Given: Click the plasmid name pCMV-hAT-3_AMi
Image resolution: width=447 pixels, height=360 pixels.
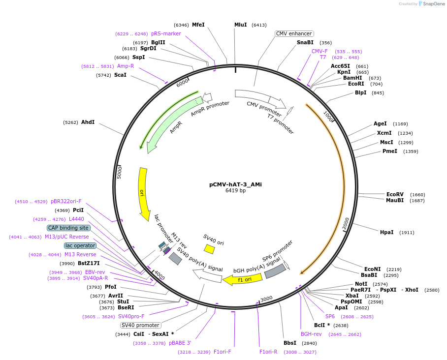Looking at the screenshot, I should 235,184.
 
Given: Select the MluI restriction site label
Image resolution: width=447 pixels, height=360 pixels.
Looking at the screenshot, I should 240,25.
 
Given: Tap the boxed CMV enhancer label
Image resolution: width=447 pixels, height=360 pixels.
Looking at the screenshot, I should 294,33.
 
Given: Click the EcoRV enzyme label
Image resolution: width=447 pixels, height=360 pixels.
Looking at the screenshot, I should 395,194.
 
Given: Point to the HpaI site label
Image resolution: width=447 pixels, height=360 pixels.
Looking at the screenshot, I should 386,232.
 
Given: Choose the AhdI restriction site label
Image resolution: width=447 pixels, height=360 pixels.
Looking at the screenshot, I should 88,122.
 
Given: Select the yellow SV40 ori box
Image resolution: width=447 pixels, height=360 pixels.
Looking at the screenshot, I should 209,249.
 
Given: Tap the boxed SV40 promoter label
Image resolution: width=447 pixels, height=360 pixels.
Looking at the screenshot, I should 140,325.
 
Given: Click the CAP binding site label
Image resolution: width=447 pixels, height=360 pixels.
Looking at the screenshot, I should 68,228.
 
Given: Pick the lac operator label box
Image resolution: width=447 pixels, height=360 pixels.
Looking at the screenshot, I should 80,245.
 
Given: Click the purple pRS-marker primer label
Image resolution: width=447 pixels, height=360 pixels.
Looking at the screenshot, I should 166,33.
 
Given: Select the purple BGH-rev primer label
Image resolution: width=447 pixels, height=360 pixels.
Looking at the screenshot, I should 311,334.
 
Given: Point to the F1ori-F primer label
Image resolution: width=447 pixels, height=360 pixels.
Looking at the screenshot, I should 222,352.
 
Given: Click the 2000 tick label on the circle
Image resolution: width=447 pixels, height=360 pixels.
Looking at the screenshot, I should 346,223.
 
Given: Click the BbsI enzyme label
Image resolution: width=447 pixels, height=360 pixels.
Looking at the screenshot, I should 290,343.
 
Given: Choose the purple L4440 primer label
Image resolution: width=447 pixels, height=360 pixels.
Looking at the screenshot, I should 76,219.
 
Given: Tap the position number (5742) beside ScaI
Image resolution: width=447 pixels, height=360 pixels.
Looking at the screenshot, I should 103,75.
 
